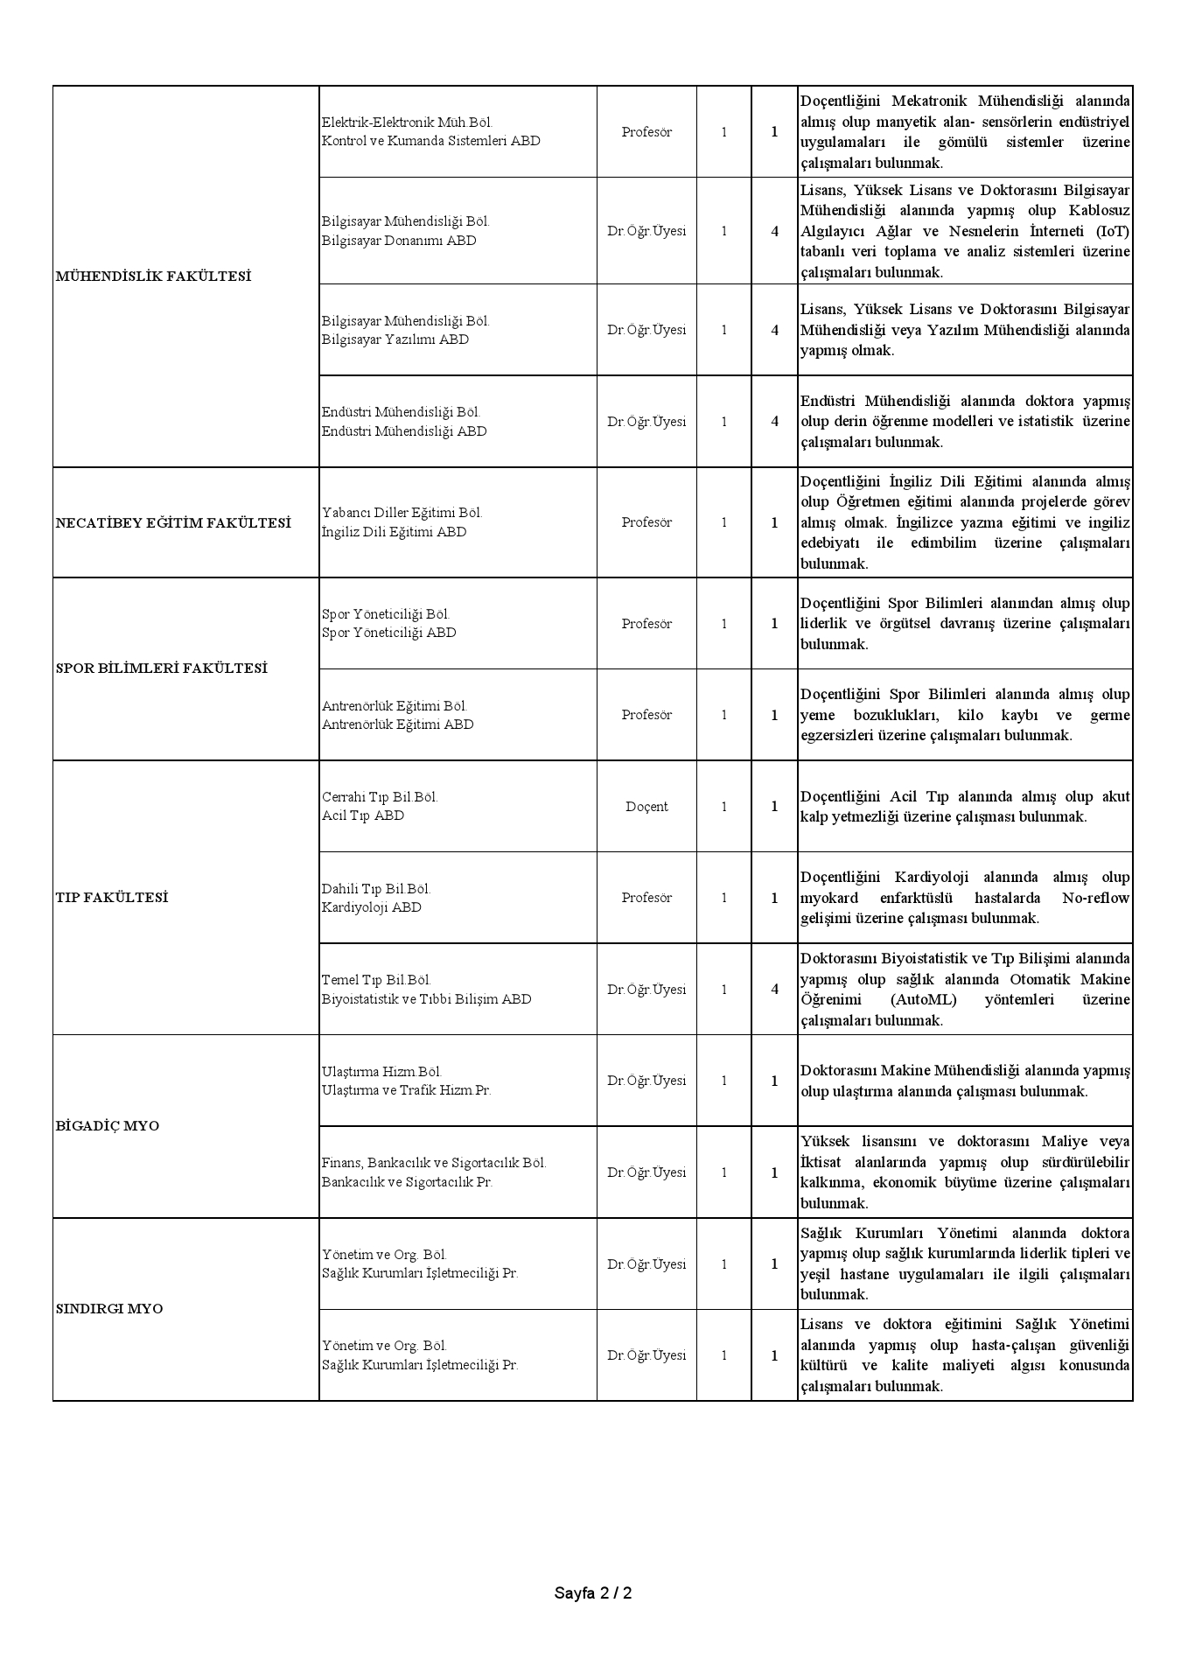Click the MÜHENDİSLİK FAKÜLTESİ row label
click(153, 276)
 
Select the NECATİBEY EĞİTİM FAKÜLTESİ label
click(173, 522)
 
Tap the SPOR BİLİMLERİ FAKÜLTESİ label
click(161, 668)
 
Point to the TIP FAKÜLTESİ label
click(111, 898)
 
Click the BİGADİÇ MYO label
click(108, 1126)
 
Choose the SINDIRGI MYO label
click(109, 1309)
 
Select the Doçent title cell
click(646, 807)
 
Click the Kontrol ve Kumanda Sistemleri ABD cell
click(430, 141)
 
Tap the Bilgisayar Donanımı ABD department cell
click(399, 241)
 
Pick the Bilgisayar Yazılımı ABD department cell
click(395, 339)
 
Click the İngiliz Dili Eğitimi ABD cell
click(394, 532)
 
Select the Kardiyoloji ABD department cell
click(372, 907)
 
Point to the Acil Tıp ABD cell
click(363, 815)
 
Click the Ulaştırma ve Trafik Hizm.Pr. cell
click(407, 1090)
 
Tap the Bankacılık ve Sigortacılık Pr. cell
click(407, 1182)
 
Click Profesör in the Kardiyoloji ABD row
click(646, 898)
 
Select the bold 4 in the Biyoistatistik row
click(774, 990)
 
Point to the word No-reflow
click(1095, 898)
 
